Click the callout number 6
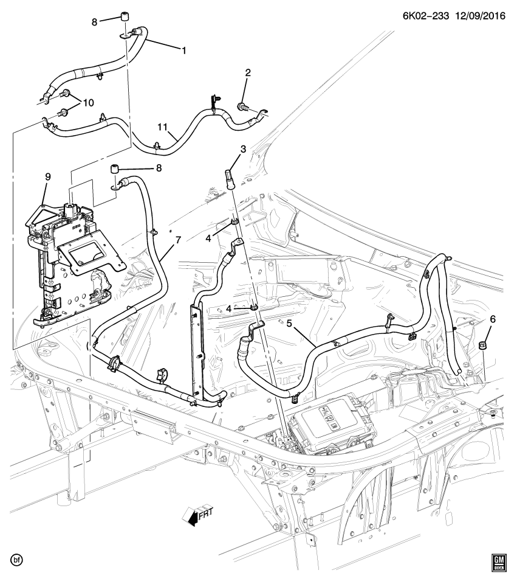pyautogui.click(x=492, y=319)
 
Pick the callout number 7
pyautogui.click(x=178, y=240)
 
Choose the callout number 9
pyautogui.click(x=48, y=176)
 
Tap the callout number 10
pyautogui.click(x=88, y=102)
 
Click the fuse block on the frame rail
pyautogui.click(x=331, y=429)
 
